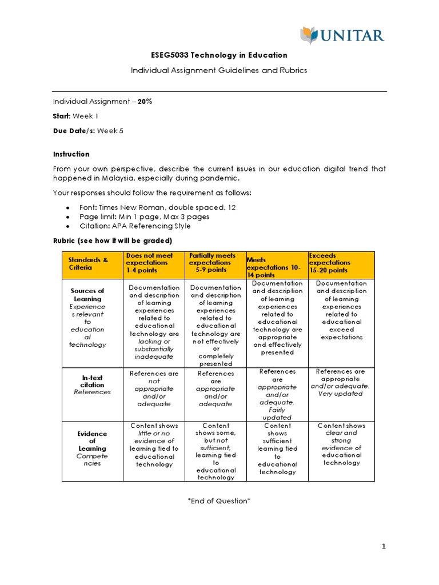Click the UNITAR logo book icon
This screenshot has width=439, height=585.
click(x=309, y=36)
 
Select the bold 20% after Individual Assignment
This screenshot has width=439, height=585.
click(x=145, y=101)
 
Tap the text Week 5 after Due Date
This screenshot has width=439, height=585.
click(x=110, y=130)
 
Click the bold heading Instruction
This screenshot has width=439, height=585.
click(x=71, y=154)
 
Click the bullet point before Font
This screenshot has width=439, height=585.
click(x=69, y=208)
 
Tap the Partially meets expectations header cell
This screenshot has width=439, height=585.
click(x=212, y=263)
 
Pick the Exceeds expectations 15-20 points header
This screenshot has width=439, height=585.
click(x=330, y=263)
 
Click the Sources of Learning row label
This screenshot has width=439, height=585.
click(x=88, y=295)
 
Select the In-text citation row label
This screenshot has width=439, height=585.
click(x=92, y=381)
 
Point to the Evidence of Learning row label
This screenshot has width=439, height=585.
click(x=92, y=441)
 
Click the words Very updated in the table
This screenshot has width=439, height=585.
click(x=340, y=394)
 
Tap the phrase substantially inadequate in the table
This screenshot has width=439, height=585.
click(x=153, y=352)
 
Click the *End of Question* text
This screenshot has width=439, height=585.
click(x=219, y=501)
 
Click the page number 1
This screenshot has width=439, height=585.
click(x=384, y=547)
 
